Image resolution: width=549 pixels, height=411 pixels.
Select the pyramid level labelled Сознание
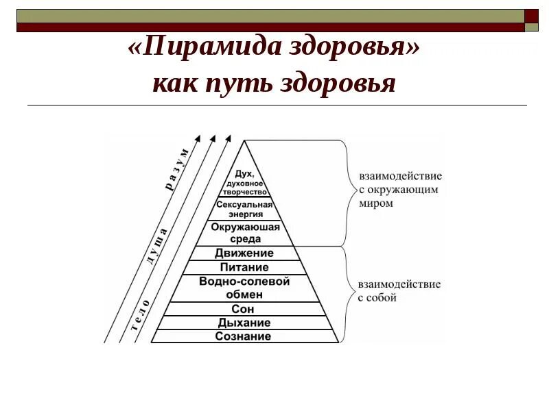(243, 336)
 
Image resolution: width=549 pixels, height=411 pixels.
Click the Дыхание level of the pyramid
(244, 323)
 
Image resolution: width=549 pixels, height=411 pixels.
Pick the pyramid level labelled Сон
(244, 310)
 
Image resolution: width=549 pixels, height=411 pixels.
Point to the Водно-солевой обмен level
(244, 288)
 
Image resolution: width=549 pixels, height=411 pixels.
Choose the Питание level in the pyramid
(244, 268)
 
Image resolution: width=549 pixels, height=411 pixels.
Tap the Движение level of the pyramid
(244, 253)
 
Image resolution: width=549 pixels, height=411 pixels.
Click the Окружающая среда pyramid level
(245, 233)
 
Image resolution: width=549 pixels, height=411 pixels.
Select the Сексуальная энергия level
(244, 209)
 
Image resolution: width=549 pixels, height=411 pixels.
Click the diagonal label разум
(176, 168)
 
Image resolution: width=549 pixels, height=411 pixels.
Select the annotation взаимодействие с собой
(389, 290)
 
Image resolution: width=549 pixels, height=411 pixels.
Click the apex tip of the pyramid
(244, 141)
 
